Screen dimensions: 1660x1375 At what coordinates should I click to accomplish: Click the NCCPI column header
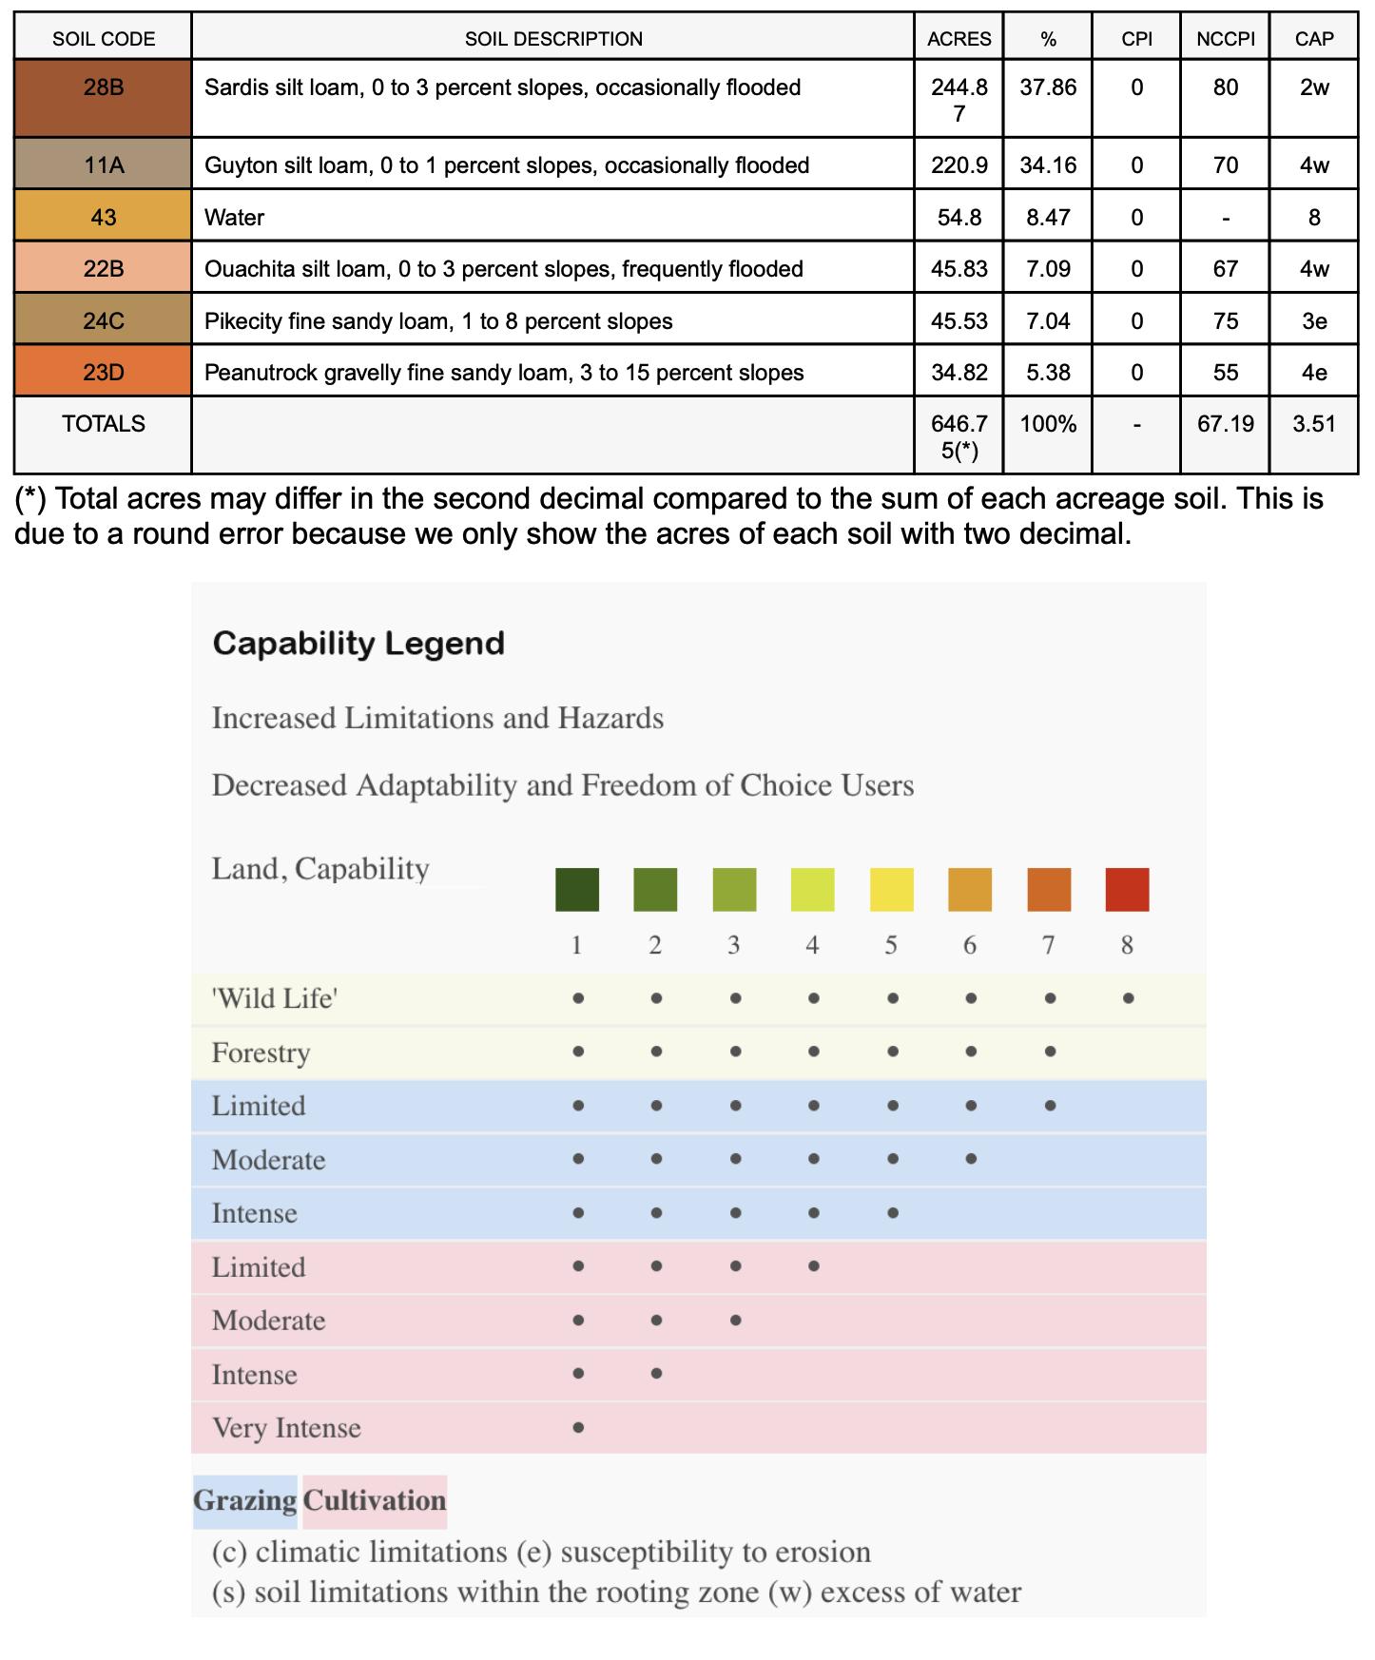(1225, 39)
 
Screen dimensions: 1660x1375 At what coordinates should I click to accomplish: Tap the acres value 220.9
(959, 165)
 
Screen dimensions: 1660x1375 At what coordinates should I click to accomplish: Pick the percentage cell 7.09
(1047, 269)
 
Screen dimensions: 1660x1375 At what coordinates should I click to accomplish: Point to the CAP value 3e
(1313, 321)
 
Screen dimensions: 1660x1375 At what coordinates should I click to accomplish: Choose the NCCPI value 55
(1225, 373)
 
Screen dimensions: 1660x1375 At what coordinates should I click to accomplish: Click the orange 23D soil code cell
(103, 373)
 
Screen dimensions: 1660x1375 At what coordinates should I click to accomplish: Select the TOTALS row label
(103, 424)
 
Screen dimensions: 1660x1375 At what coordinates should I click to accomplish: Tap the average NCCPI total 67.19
(1225, 424)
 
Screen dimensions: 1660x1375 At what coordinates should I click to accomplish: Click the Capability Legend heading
(358, 644)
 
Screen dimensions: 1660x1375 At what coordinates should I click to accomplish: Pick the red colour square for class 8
(1127, 890)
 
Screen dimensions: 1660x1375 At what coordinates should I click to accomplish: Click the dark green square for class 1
(577, 890)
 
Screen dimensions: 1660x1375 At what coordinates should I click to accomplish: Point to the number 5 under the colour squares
(891, 945)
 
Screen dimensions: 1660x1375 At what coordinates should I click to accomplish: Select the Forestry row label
(261, 1052)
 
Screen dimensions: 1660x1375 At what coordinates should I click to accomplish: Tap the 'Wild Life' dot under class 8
(1128, 998)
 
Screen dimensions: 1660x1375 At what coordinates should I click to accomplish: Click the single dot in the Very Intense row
(578, 1427)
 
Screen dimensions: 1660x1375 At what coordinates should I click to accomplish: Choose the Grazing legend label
(245, 1500)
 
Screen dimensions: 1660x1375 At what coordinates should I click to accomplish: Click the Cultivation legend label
(375, 1500)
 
